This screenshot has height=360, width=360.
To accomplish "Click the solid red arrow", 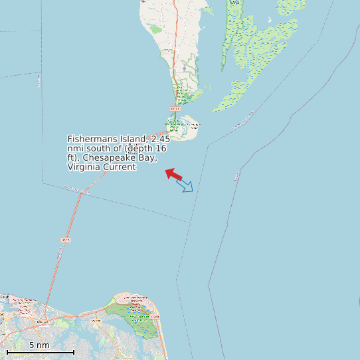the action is coord(173,174).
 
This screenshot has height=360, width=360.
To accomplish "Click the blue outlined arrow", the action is coord(185,185).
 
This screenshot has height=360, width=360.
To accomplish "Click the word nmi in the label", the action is coord(74,148).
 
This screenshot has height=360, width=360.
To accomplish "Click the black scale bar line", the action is coord(40,351).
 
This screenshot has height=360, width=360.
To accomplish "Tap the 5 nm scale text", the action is coord(39,345).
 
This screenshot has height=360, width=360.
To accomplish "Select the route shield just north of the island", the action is coord(175,108).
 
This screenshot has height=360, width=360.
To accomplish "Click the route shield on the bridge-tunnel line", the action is coord(65,239).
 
